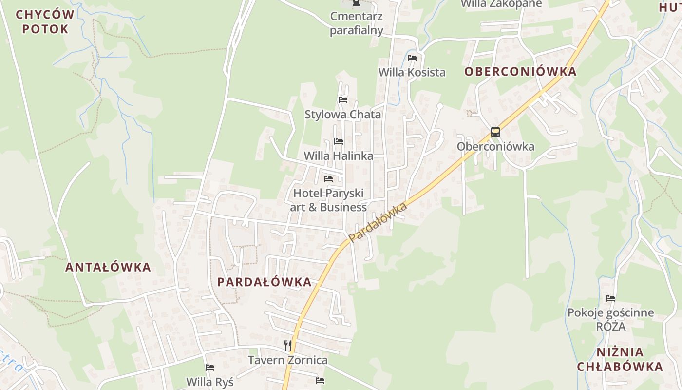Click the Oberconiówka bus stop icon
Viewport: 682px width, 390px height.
(495, 132)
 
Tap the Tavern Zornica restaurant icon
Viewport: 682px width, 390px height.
(288, 346)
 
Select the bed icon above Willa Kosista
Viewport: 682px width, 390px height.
(412, 58)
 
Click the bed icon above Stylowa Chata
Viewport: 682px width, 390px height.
(343, 100)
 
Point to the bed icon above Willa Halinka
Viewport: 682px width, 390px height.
(339, 141)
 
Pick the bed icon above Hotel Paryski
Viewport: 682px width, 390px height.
(328, 179)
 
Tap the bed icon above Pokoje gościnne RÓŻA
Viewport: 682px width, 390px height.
(610, 298)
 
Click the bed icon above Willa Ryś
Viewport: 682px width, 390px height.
(210, 368)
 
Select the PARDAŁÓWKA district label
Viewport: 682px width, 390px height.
(265, 282)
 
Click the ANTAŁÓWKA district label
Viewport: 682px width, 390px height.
(108, 267)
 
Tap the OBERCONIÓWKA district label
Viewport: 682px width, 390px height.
(520, 72)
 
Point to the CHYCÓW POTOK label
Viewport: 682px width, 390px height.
(45, 21)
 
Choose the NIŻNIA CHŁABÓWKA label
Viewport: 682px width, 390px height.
(620, 359)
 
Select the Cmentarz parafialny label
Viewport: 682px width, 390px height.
(357, 23)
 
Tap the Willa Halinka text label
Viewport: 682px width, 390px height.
(339, 156)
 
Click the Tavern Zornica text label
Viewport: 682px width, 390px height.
(288, 360)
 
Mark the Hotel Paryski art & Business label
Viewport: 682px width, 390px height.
(328, 200)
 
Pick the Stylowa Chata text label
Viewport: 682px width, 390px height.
(343, 115)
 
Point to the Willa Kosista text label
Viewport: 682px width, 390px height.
(412, 72)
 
